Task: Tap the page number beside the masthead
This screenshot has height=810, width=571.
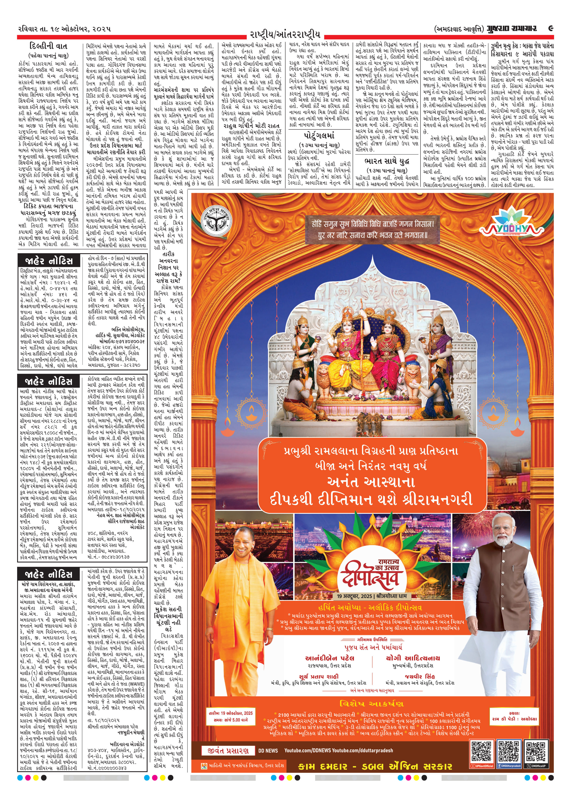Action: tap(551, 29)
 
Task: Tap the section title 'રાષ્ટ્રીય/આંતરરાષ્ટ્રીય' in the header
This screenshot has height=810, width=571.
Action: tap(285, 35)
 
